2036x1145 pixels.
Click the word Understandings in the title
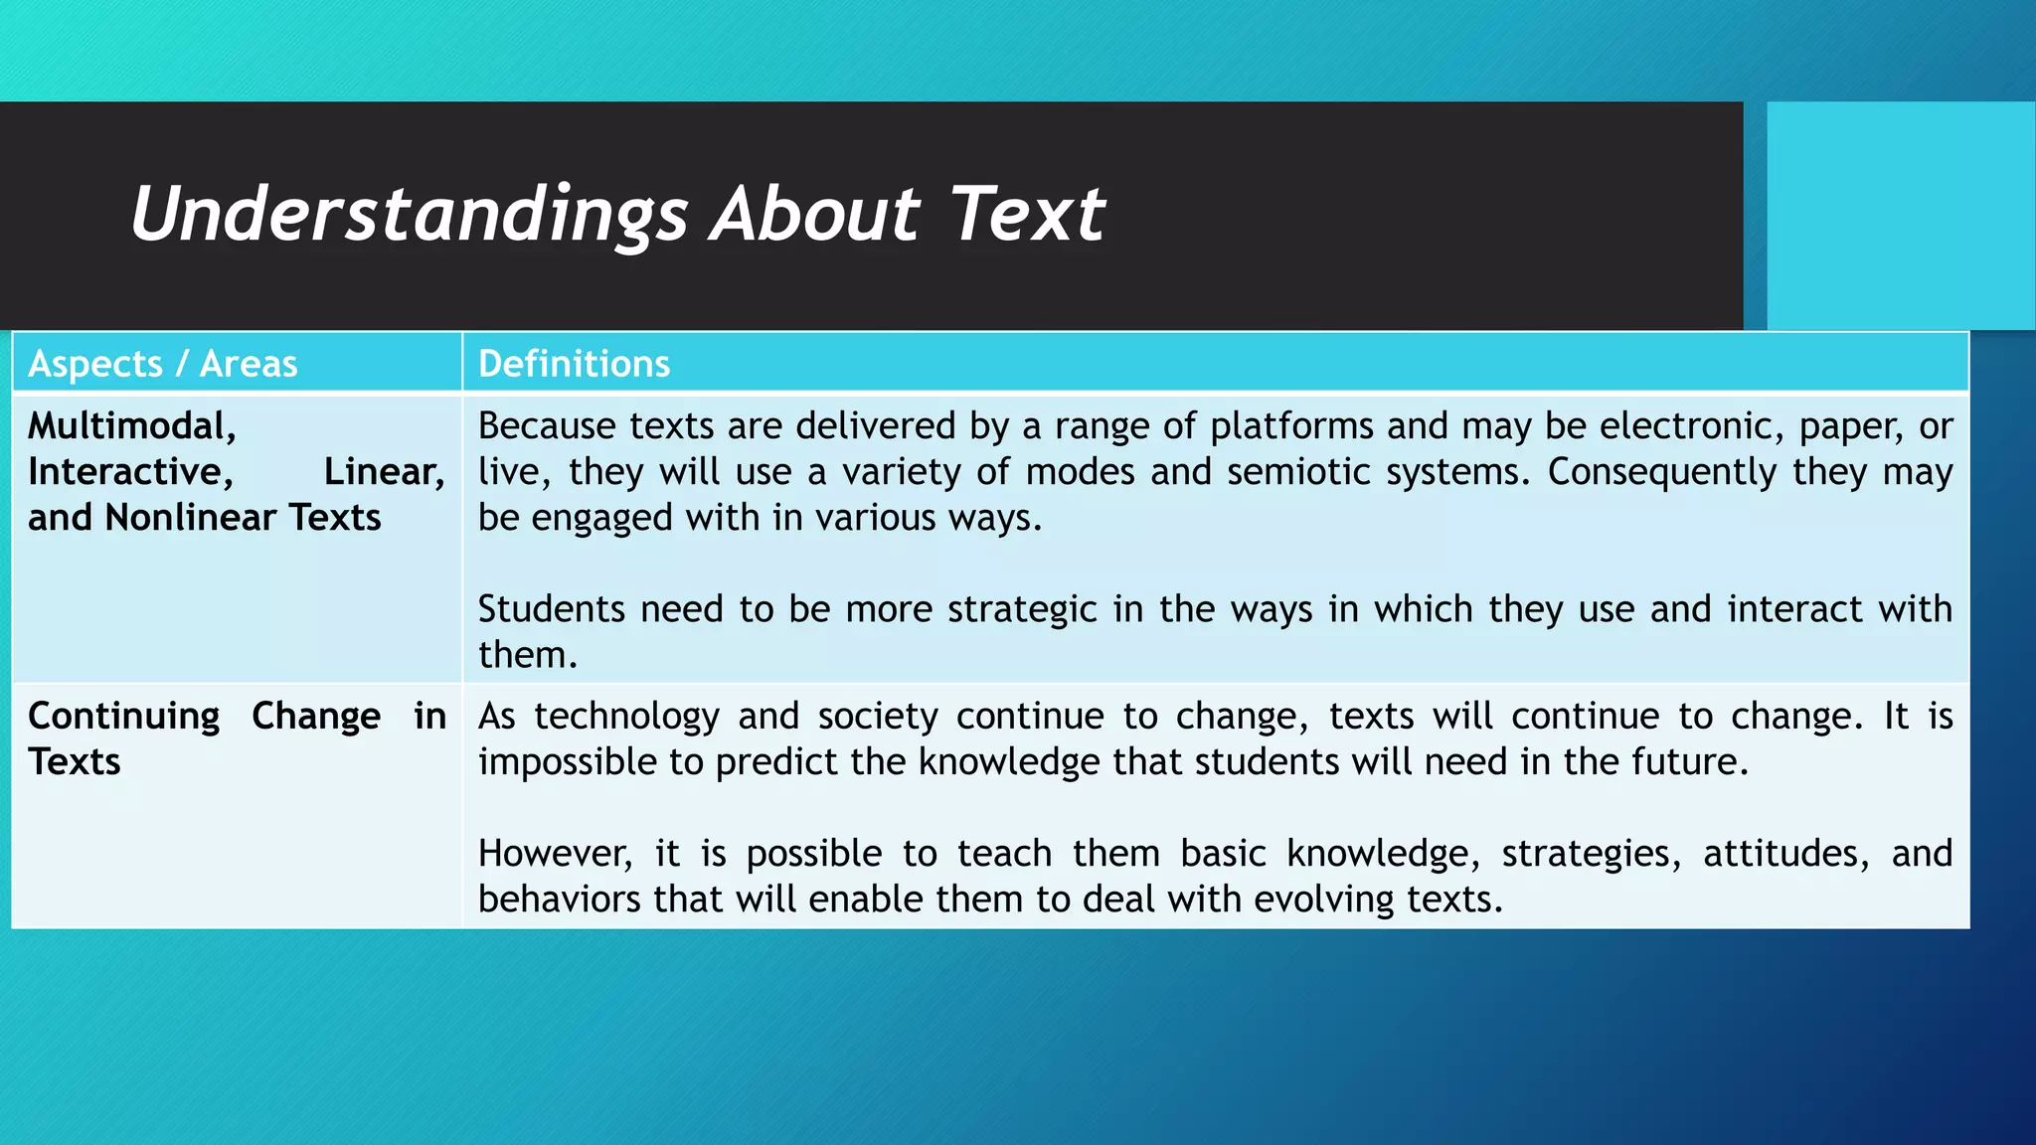pos(409,215)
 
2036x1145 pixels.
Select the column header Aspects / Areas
pos(163,364)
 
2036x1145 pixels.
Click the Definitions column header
pos(574,364)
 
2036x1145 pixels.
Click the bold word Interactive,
pos(130,472)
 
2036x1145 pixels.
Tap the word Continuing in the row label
pos(123,717)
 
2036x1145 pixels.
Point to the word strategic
pos(1021,609)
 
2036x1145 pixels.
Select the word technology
pos(626,717)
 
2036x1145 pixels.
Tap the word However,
pos(555,854)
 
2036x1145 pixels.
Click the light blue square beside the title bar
pos(1901,215)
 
